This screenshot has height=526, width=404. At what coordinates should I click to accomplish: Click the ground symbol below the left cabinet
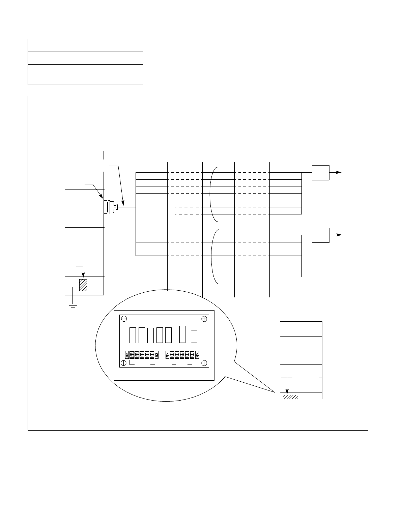tap(73, 305)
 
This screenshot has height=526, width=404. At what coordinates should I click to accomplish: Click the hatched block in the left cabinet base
tap(83, 285)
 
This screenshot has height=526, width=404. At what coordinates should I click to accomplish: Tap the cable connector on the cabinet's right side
tap(110, 207)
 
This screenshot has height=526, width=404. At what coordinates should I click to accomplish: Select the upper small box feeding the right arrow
tap(320, 173)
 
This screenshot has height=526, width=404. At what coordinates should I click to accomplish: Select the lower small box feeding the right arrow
tap(320, 235)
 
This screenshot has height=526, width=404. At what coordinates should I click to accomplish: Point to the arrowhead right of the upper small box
tap(339, 172)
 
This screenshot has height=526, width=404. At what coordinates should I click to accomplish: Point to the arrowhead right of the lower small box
tap(339, 235)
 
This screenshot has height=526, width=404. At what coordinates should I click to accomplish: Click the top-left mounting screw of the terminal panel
tap(124, 319)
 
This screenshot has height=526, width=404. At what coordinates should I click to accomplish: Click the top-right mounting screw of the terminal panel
tap(204, 319)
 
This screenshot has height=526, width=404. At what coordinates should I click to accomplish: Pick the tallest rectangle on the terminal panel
tap(183, 334)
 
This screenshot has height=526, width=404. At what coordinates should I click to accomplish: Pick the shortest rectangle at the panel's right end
tap(194, 337)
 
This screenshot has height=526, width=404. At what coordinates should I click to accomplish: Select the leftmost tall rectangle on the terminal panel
tap(133, 335)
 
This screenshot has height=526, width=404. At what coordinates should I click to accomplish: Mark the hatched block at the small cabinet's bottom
tap(290, 397)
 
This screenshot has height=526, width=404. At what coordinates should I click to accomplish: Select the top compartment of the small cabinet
tap(301, 329)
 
